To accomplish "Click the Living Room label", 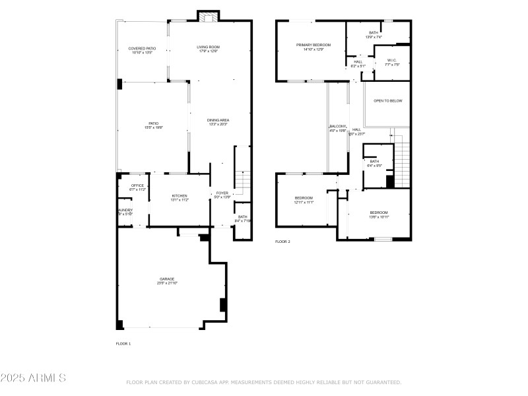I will [x=207, y=48].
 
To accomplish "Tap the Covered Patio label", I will [x=142, y=49].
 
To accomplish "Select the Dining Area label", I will [x=218, y=120].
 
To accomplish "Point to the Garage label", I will [x=166, y=279].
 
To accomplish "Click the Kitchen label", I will [x=180, y=196].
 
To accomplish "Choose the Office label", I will [x=137, y=185].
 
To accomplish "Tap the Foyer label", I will [x=222, y=193].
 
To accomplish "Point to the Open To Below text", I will [x=387, y=101].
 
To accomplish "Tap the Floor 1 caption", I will [x=123, y=344].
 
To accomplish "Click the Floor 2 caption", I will [x=282, y=242].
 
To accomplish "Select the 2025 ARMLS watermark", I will [x=33, y=378].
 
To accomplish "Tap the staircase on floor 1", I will [x=243, y=180].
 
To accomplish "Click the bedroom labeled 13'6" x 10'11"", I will [x=378, y=213].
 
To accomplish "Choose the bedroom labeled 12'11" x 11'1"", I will [x=304, y=198].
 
